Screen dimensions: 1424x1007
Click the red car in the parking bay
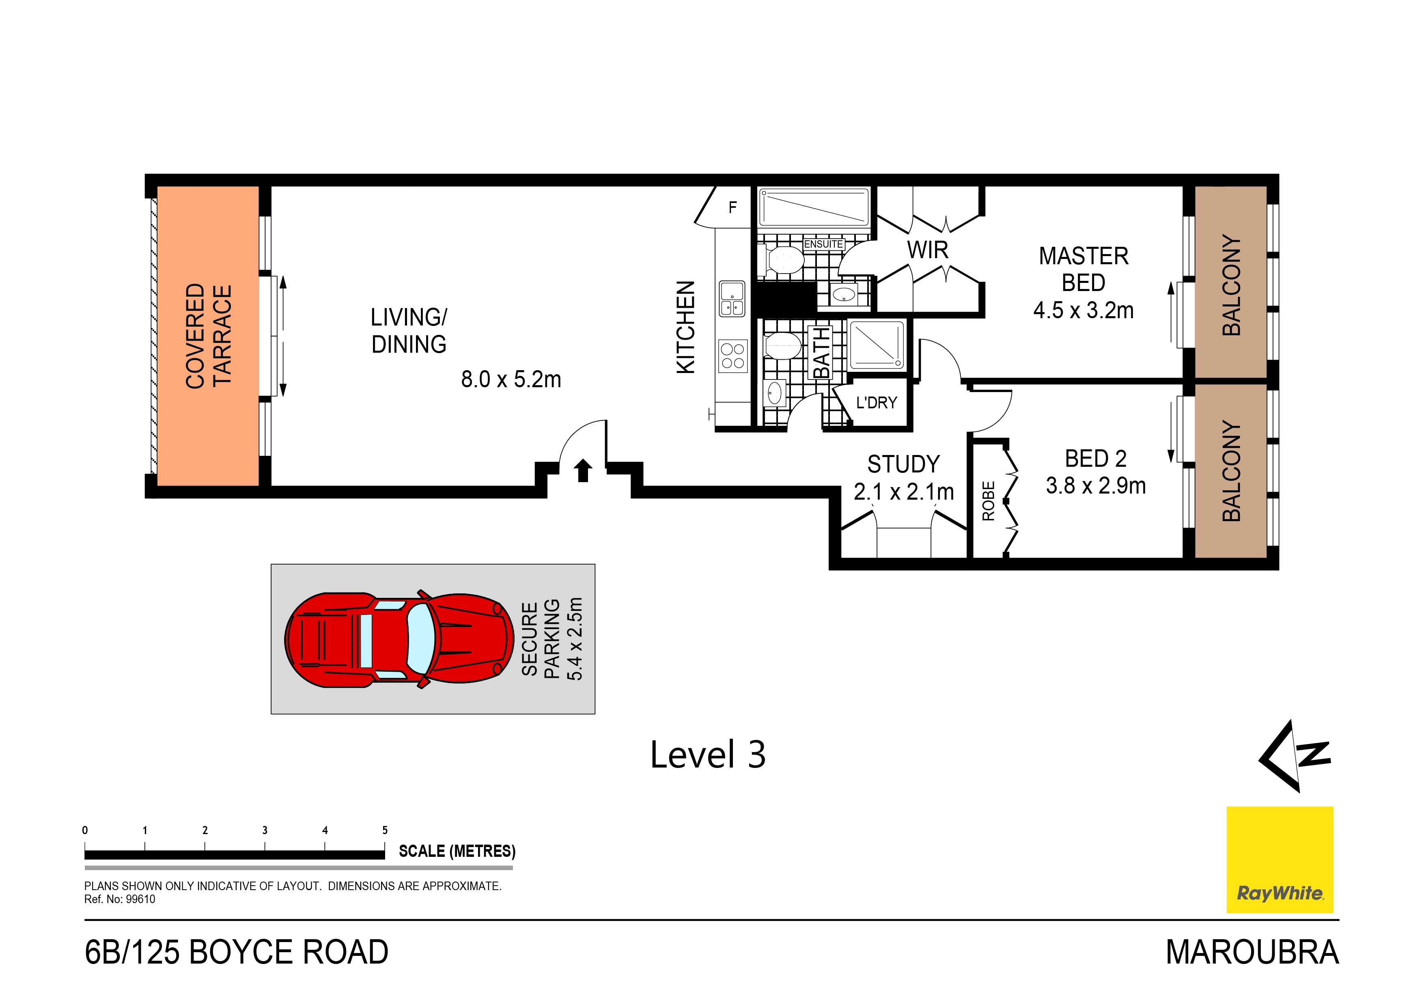(399, 639)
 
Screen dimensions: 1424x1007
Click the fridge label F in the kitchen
(732, 207)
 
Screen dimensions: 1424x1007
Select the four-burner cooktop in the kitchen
(732, 356)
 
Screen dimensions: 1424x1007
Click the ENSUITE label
(824, 244)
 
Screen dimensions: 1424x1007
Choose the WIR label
(928, 250)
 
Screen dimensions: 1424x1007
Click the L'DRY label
(877, 403)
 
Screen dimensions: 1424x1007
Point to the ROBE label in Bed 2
(988, 501)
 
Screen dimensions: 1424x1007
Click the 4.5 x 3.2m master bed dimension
(1084, 310)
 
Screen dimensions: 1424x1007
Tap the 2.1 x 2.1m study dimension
(904, 492)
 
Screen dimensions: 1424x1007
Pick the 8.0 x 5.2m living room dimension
(511, 379)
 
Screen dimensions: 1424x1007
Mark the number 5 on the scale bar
(385, 830)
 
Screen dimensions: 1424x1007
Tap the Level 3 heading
(708, 755)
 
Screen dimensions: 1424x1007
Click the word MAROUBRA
(1252, 952)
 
